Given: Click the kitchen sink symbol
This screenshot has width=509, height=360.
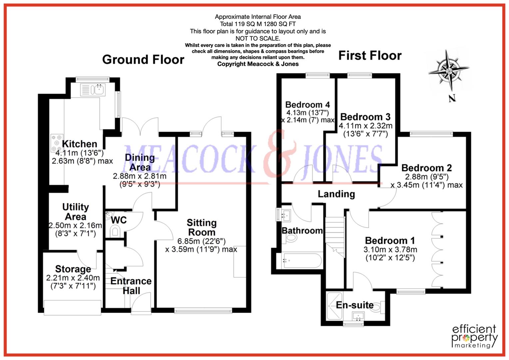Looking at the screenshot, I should (93, 90).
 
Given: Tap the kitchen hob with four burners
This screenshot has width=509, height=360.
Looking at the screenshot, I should (56, 143).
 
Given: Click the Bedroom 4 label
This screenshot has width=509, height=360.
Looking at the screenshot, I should (307, 105).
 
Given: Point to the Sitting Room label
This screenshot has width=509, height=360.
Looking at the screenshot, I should (201, 227).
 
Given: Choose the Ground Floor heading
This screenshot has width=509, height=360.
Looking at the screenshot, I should (143, 60).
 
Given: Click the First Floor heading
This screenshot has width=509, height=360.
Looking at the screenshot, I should (370, 55).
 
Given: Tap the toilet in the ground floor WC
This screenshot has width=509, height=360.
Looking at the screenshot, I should (115, 231).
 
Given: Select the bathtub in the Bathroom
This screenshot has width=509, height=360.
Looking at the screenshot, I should (302, 261).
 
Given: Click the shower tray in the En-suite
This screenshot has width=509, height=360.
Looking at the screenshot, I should (334, 305).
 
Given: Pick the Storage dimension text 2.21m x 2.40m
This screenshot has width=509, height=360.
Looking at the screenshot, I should (73, 278).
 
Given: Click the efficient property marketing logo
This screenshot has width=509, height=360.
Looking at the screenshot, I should (474, 336).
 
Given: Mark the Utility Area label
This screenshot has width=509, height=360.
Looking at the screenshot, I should (76, 212).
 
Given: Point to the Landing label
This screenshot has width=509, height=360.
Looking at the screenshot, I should (336, 194).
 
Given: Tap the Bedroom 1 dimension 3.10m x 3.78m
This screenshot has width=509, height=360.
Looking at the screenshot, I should (390, 249).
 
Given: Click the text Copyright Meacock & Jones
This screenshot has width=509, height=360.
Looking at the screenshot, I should (258, 64).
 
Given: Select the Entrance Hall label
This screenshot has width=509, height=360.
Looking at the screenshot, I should (131, 286).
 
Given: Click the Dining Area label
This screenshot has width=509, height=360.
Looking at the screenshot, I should (140, 162).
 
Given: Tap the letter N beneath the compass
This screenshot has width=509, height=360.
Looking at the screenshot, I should (452, 98).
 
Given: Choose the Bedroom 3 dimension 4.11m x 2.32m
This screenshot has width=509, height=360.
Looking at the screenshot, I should (365, 126).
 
